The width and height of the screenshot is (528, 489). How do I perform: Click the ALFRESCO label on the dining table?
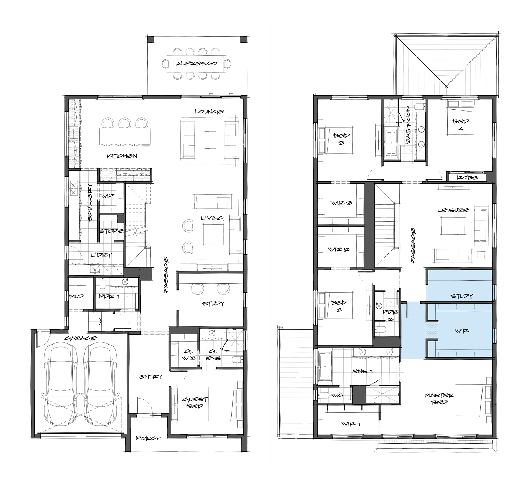196,63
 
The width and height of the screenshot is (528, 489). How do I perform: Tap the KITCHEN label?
122,156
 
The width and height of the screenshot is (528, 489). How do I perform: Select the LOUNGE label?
209,112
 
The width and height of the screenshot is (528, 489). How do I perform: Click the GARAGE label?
80,338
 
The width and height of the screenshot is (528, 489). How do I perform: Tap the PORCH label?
148,438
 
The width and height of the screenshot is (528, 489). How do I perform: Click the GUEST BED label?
195,403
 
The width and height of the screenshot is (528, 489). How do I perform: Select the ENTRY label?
151,377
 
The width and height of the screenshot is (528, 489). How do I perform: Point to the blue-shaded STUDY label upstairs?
462,296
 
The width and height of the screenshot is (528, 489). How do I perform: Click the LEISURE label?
453,210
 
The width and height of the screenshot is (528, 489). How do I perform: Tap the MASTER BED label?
439,399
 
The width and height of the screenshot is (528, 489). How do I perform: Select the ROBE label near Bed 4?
468,177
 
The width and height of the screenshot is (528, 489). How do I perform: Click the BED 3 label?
342,139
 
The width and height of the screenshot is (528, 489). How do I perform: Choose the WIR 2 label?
339,250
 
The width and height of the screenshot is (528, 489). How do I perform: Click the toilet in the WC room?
323,396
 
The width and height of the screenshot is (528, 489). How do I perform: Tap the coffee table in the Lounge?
210,140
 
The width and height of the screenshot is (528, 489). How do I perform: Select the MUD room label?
76,296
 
